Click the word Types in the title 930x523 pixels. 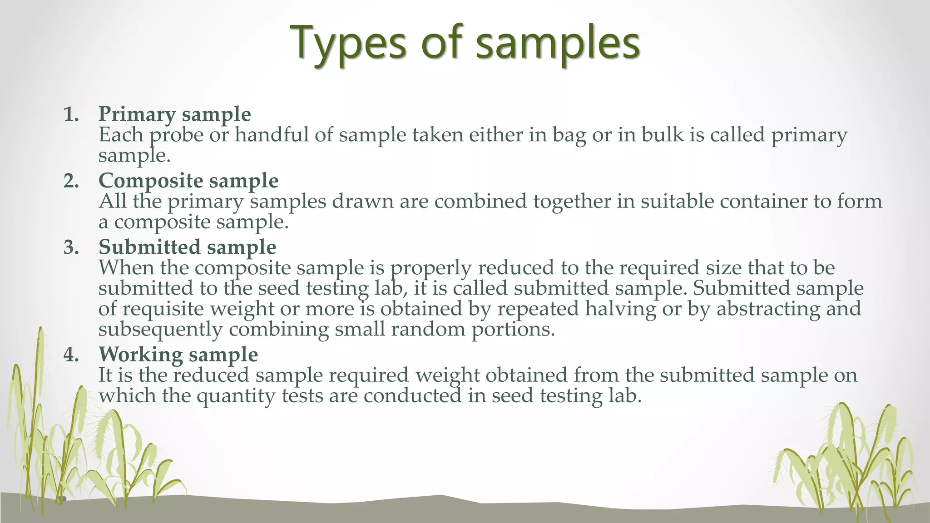coord(347,43)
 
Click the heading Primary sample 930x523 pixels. coord(174,114)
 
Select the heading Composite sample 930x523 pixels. coord(188,181)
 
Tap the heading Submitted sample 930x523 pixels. coord(187,247)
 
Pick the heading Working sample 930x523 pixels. coord(178,355)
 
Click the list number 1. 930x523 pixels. coord(71,114)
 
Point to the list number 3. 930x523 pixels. coord(71,248)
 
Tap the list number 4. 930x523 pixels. coord(71,355)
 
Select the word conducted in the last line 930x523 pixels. coord(412,395)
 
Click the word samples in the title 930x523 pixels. coord(558,43)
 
